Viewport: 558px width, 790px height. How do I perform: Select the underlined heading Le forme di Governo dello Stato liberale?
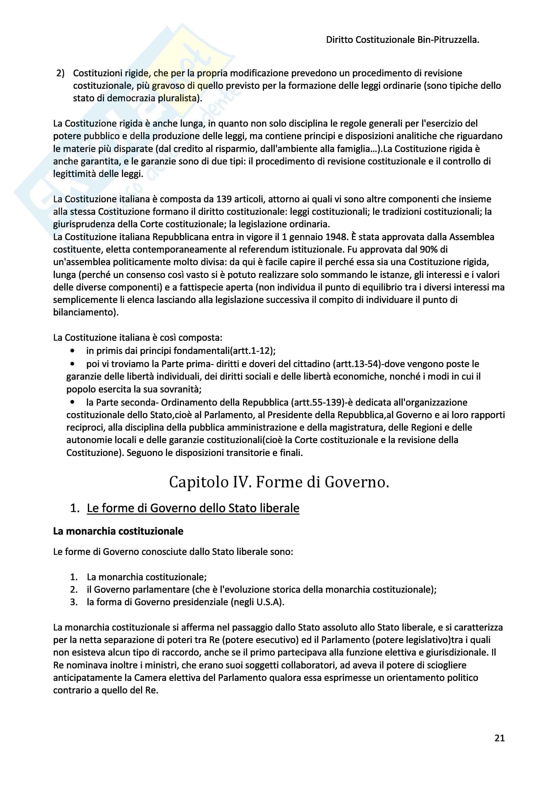click(x=193, y=508)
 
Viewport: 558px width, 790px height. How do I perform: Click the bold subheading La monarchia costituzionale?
click(x=118, y=531)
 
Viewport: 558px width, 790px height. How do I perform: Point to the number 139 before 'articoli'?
click(x=224, y=199)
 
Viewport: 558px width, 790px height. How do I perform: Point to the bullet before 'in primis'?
click(x=72, y=351)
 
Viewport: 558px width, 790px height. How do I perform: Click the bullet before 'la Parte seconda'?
click(x=72, y=402)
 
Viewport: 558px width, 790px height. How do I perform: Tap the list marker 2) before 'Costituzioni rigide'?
click(x=60, y=73)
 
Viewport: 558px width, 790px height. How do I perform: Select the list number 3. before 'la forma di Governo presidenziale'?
click(x=74, y=602)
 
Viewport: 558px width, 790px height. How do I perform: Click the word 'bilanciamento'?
click(x=83, y=312)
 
